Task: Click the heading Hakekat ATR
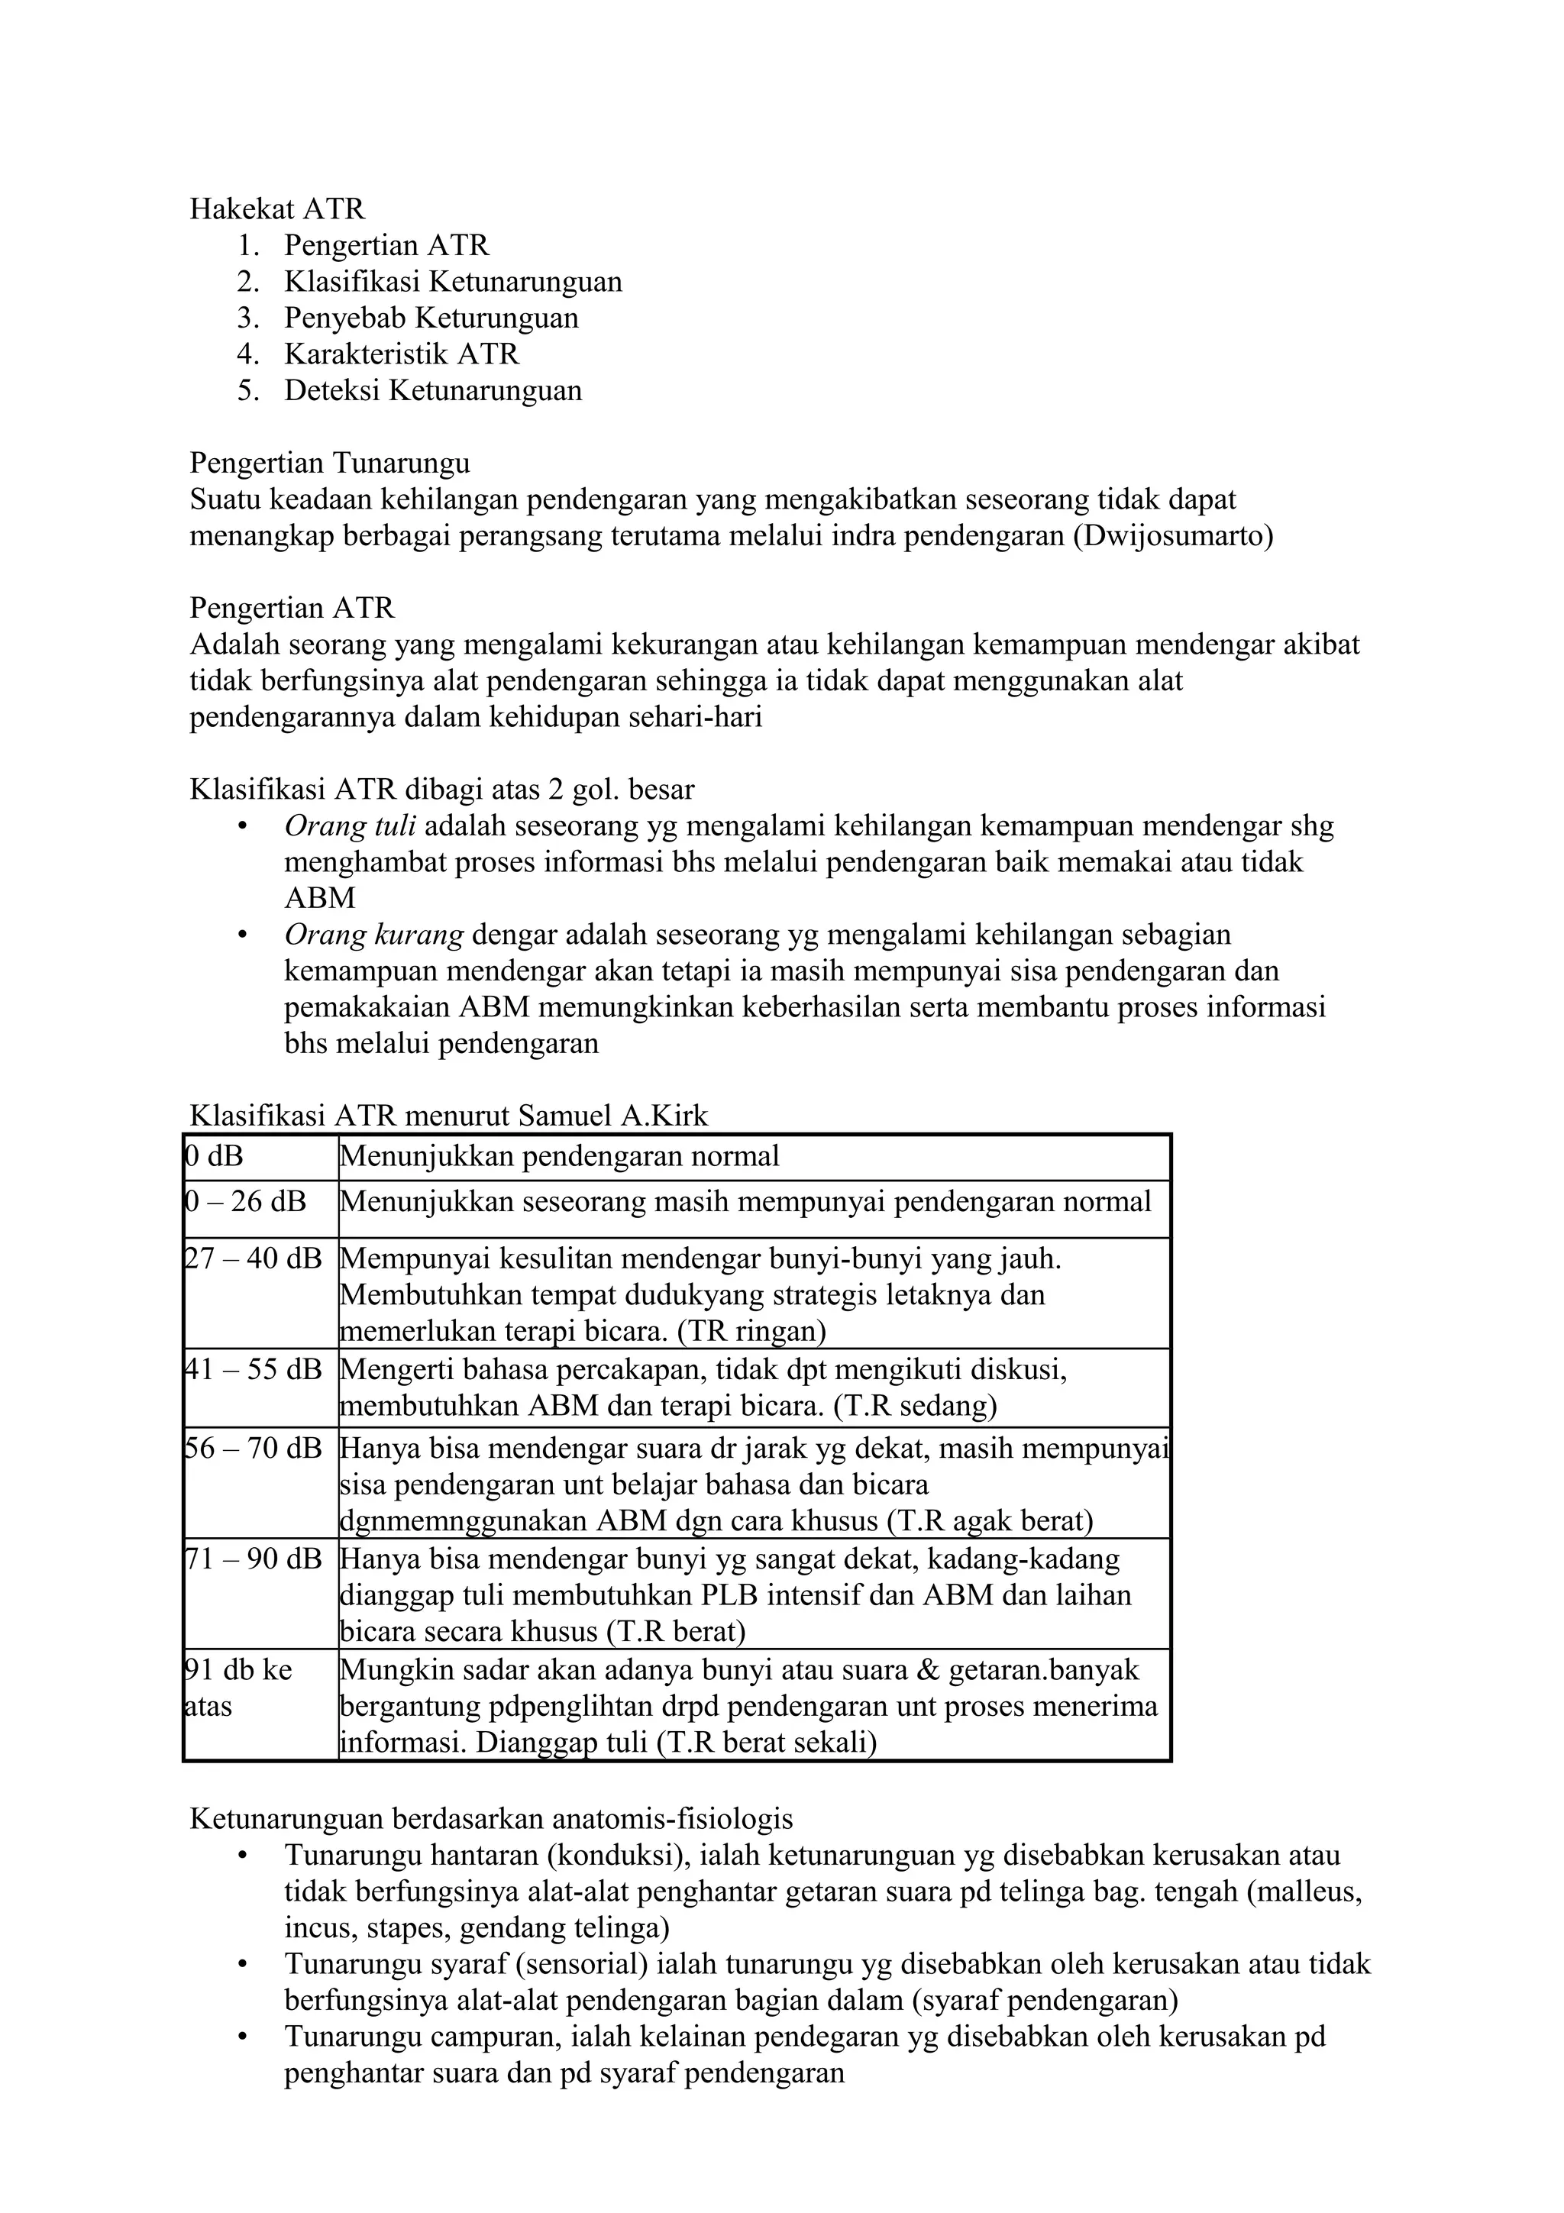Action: point(276,208)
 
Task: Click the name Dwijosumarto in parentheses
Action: point(1173,536)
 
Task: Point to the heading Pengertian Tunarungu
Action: point(330,464)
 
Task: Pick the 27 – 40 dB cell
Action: point(254,1258)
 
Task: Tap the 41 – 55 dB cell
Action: point(254,1368)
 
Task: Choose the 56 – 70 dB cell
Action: point(254,1448)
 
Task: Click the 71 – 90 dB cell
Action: point(254,1559)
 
